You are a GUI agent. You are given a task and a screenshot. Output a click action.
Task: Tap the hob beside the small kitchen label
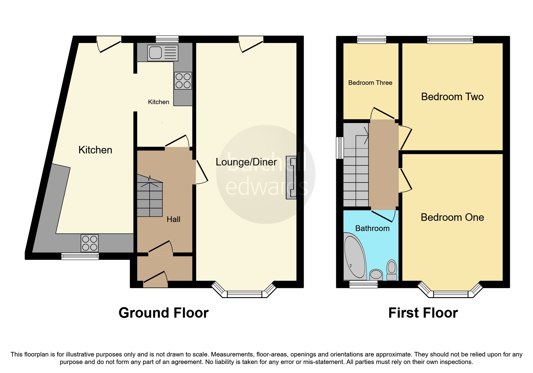(x=183, y=81)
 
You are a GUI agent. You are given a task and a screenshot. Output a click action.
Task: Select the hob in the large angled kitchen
(x=90, y=243)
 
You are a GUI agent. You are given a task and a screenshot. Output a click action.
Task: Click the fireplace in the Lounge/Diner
(x=291, y=177)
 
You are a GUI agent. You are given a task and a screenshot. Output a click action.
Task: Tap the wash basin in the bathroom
(x=376, y=274)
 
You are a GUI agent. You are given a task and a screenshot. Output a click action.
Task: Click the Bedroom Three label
(x=370, y=83)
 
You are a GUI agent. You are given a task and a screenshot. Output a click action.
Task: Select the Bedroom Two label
(x=452, y=97)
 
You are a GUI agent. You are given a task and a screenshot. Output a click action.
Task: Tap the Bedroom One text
(x=452, y=217)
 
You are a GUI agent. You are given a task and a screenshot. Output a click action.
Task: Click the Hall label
(x=173, y=219)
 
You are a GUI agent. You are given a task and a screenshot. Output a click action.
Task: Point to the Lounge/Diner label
(x=246, y=162)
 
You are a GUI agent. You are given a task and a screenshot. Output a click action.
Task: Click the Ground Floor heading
(x=163, y=313)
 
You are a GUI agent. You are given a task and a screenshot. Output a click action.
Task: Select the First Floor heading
(x=423, y=313)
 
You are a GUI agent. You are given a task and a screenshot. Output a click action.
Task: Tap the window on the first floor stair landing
(x=340, y=148)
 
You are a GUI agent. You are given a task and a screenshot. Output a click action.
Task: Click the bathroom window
(x=363, y=284)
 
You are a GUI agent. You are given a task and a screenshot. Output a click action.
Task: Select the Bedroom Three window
(x=371, y=40)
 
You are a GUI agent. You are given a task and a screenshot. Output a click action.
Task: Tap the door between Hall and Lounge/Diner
(x=201, y=172)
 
